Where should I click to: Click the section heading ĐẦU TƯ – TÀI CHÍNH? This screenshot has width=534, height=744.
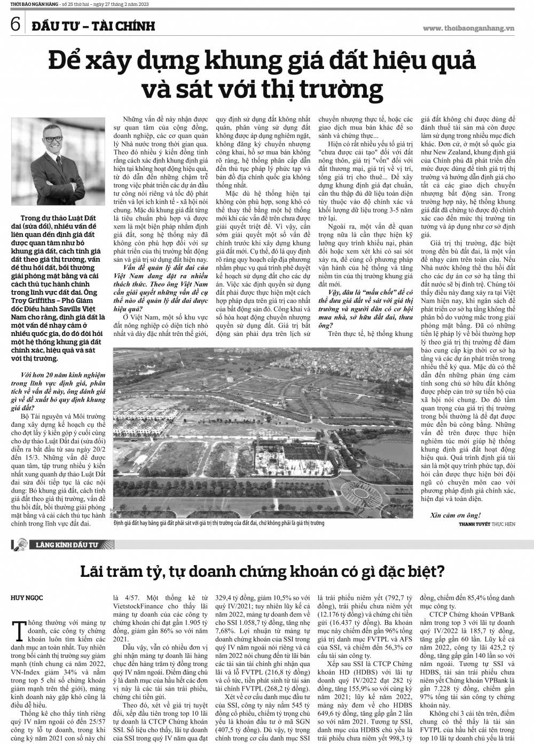(92, 26)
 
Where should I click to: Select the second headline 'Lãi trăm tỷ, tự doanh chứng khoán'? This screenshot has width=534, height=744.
(262, 572)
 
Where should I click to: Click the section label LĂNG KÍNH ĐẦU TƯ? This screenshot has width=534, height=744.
(67, 545)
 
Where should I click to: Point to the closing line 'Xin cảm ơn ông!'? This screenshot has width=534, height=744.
(455, 515)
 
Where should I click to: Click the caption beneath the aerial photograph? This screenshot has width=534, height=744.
(219, 523)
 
